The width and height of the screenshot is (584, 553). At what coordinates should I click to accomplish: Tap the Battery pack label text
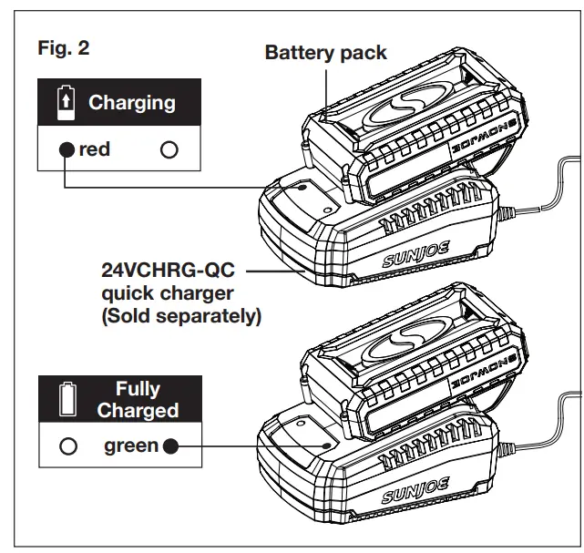pyautogui.click(x=325, y=52)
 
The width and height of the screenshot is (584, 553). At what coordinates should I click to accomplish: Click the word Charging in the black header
pyautogui.click(x=131, y=102)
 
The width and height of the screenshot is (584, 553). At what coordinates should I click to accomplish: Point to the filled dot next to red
pyautogui.click(x=66, y=150)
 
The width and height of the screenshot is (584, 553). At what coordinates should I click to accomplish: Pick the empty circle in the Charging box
pyautogui.click(x=169, y=150)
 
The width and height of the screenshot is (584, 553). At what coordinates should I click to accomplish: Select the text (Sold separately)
pyautogui.click(x=181, y=316)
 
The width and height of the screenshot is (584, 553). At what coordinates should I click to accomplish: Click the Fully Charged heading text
pyautogui.click(x=138, y=400)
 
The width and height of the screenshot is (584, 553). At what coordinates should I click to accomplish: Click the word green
pyautogui.click(x=131, y=446)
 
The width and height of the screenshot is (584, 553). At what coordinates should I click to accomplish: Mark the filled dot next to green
pyautogui.click(x=170, y=447)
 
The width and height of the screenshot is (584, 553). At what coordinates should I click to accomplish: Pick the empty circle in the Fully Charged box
pyautogui.click(x=66, y=447)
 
